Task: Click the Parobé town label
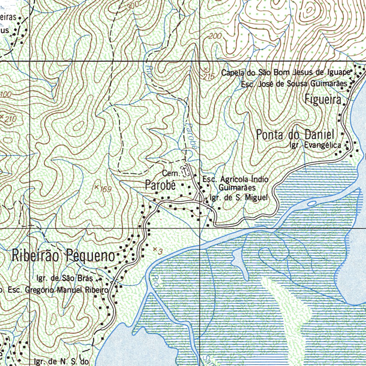[x=160, y=186]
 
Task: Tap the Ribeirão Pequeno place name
[x=64, y=256]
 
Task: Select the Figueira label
[x=323, y=99]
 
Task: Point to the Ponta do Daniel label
[x=295, y=135]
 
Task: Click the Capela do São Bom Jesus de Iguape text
[x=285, y=73]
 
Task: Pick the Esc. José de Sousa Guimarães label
[x=294, y=84]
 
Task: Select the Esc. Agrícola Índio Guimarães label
[x=236, y=183]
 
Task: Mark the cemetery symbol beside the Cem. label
[x=185, y=171]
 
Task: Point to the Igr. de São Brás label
[x=65, y=278]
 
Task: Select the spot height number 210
[x=11, y=119]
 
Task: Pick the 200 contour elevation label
[x=215, y=36]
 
